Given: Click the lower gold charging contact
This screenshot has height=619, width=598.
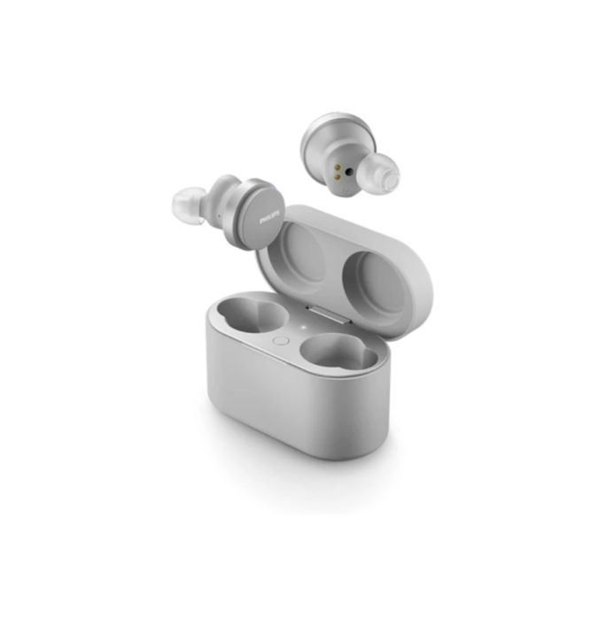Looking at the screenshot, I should (x=338, y=174).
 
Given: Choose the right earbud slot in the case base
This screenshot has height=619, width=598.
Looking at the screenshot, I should (x=338, y=354).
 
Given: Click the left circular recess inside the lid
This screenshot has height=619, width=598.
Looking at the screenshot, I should (x=307, y=252).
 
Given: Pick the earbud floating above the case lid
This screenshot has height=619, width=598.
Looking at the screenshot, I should (x=349, y=156).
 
